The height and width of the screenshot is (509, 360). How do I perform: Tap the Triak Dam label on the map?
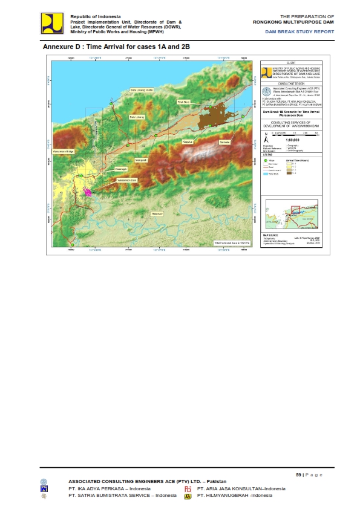pyautogui.click(x=183, y=102)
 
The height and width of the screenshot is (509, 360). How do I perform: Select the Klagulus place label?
pyautogui.click(x=188, y=141)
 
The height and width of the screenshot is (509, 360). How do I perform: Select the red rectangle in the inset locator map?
pyautogui.click(x=295, y=211)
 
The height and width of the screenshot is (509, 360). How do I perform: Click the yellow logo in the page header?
pyautogui.click(x=52, y=23)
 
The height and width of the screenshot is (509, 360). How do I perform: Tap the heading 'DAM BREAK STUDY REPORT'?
pyautogui.click(x=299, y=31)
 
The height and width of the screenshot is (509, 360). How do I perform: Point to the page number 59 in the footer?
pyautogui.click(x=299, y=475)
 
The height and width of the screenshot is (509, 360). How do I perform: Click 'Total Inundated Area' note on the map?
pyautogui.click(x=231, y=242)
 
